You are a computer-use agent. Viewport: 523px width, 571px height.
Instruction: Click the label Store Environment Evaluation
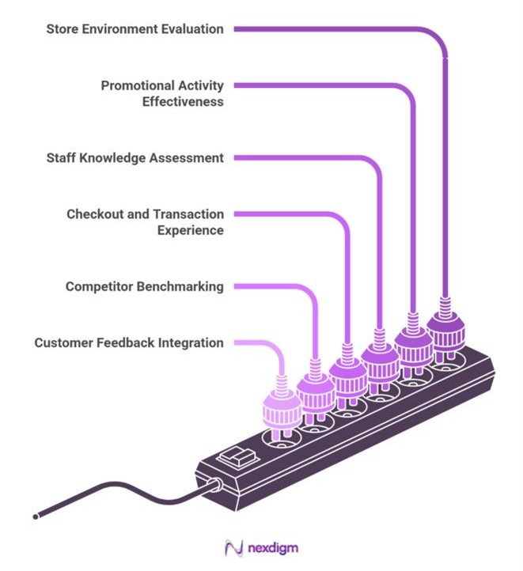click(135, 29)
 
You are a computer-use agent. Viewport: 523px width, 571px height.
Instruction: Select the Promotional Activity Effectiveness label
click(162, 93)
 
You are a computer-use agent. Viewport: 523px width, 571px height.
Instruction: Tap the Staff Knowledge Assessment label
click(135, 157)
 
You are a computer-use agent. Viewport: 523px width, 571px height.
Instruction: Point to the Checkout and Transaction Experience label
click(145, 222)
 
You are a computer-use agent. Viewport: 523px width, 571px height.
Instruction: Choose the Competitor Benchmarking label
click(145, 286)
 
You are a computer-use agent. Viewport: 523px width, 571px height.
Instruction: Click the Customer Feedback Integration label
click(129, 342)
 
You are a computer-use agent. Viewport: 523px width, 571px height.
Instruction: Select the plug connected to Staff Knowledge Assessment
click(381, 360)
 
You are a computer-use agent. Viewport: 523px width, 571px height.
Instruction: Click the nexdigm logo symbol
click(233, 547)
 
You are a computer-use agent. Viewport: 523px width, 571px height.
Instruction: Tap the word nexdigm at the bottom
click(272, 547)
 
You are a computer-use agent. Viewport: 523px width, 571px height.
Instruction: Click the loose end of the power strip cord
click(36, 517)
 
